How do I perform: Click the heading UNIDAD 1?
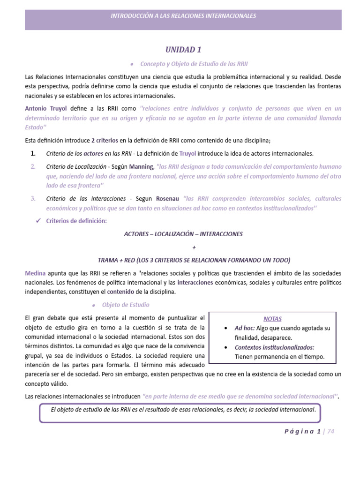[x=183, y=49]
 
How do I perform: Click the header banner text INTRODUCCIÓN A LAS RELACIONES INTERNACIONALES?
[x=183, y=16]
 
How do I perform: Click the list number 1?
[x=33, y=154]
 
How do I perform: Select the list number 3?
[x=33, y=198]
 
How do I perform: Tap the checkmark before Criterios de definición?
[x=39, y=220]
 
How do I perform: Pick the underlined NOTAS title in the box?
[x=272, y=319]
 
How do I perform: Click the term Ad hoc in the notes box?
[x=245, y=328]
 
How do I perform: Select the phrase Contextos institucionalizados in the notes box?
[x=274, y=347]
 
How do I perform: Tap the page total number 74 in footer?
[x=331, y=432]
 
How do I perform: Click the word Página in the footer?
[x=300, y=432]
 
